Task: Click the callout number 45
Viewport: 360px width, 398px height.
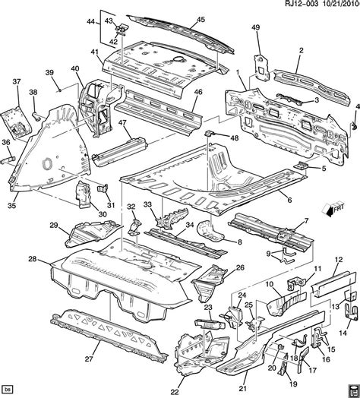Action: (x=201, y=20)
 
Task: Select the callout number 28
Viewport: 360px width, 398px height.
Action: (x=33, y=259)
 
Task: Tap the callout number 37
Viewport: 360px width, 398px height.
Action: (x=17, y=82)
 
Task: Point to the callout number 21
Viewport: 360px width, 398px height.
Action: (x=243, y=389)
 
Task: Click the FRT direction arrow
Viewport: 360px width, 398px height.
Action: (x=335, y=210)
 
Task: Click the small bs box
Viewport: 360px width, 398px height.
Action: (x=8, y=389)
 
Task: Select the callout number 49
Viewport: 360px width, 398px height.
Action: (x=256, y=27)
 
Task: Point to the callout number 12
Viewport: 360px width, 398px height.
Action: (x=339, y=260)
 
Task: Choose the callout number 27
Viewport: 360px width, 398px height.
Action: (x=90, y=359)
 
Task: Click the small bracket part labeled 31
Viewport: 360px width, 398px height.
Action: (x=103, y=188)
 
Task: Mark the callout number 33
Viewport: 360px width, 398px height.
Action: (x=148, y=204)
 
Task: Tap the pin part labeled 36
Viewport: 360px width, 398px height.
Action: (x=8, y=160)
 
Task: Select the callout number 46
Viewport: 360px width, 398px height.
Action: (x=198, y=92)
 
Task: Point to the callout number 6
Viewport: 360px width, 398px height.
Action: (x=289, y=201)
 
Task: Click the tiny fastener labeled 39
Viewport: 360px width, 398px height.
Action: (x=59, y=90)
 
